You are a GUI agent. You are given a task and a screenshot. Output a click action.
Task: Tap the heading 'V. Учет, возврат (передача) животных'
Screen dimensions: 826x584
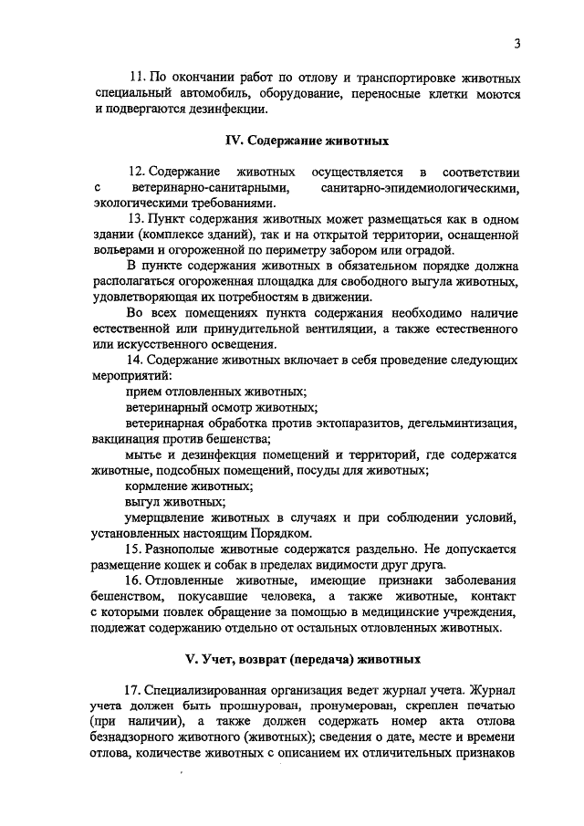tap(308, 659)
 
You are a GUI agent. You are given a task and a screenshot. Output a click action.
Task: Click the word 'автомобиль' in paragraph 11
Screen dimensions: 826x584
tap(205, 94)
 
